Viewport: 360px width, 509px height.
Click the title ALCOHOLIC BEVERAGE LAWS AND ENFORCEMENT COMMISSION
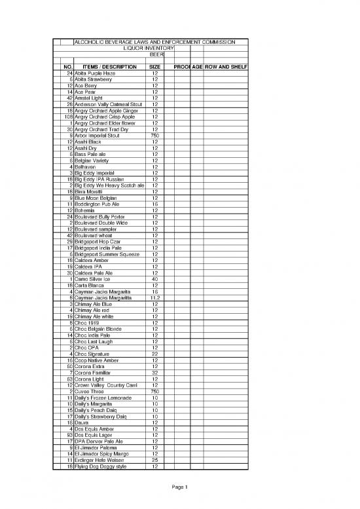point(154,42)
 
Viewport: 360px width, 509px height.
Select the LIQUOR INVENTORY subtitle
point(149,48)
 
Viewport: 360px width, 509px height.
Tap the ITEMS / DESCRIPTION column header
point(110,67)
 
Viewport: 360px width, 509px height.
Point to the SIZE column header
point(155,67)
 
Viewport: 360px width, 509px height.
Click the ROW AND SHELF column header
point(226,67)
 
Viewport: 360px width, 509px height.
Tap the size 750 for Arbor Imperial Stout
point(155,136)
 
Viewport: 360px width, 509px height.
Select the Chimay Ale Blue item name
point(94,304)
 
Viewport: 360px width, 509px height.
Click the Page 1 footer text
point(180,487)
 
